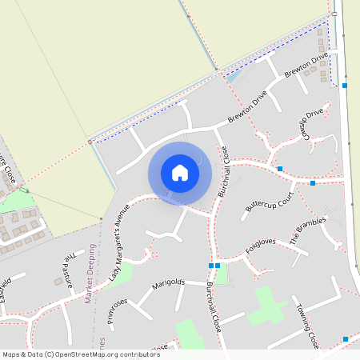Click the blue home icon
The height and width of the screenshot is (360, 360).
point(180,173)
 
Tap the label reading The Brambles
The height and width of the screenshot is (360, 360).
point(308,227)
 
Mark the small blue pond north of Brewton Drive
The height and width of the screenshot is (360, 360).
point(234,78)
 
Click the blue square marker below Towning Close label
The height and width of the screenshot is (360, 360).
point(345,339)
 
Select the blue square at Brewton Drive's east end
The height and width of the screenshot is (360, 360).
point(345,85)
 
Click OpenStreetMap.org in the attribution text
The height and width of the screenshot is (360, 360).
point(88,354)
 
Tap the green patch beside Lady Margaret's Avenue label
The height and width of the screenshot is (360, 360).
point(122,275)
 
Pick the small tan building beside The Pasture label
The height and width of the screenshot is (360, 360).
point(58,281)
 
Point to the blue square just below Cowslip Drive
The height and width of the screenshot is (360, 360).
point(280,168)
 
